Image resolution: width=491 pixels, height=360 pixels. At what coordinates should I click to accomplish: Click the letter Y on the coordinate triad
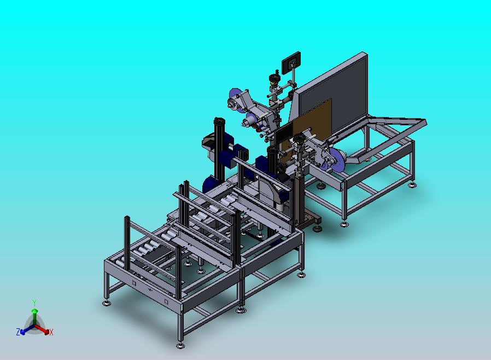tap(34, 303)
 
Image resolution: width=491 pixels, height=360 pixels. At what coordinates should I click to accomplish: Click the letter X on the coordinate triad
tap(51, 332)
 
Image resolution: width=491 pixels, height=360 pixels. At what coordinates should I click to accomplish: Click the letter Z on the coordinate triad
tap(18, 332)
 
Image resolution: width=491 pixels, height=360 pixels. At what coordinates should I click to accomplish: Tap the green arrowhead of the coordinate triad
tap(34, 311)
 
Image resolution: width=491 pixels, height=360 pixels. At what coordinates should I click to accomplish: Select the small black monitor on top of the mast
tap(291, 63)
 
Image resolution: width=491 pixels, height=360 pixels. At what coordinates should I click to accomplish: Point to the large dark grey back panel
tap(332, 94)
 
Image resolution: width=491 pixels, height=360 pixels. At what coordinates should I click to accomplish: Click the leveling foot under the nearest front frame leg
tap(180, 346)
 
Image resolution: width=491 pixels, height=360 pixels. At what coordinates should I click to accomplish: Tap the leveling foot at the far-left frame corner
tap(107, 303)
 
